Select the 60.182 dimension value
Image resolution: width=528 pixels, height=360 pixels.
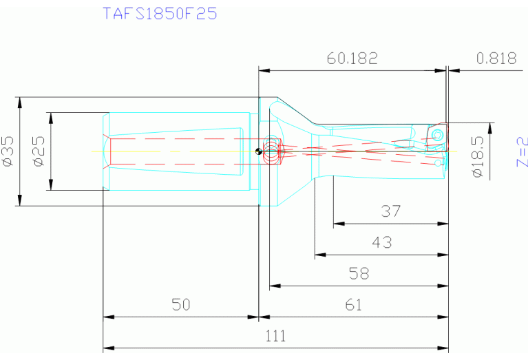pos(352,59)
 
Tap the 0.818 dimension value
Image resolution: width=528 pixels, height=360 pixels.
pos(496,59)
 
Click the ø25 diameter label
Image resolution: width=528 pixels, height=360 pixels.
pos(39,151)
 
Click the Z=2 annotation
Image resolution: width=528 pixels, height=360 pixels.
pos(521,152)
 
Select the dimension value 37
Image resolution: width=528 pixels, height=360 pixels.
pos(390,212)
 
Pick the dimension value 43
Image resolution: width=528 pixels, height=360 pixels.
pos(381,243)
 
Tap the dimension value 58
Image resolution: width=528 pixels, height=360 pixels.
pos(359,274)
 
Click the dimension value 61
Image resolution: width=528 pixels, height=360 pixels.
pos(353,305)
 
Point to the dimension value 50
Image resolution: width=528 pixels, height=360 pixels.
pos(180,305)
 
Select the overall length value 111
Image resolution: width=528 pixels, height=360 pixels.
pos(275,337)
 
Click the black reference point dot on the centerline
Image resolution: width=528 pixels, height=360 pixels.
pos(257,152)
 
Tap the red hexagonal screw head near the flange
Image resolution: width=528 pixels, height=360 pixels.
pos(274,153)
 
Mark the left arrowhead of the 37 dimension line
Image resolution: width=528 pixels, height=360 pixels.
pos(337,224)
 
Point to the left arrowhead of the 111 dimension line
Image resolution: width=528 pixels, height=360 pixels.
pos(107,348)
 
